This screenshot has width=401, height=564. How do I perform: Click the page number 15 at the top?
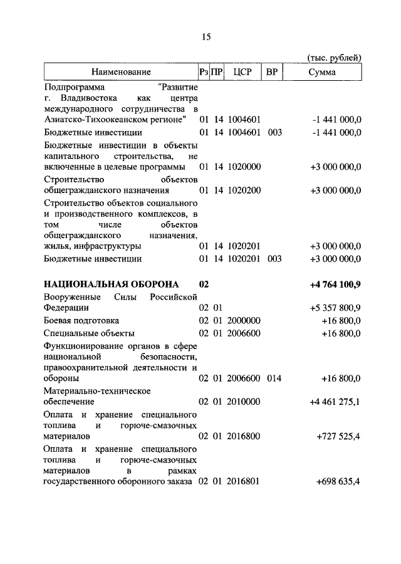click(206, 37)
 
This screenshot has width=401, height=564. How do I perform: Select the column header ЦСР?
click(242, 73)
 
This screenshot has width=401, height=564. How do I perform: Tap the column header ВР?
click(272, 73)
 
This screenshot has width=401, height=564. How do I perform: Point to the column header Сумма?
click(322, 73)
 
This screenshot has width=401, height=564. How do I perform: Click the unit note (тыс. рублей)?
click(335, 58)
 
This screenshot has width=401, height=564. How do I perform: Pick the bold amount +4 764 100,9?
click(335, 285)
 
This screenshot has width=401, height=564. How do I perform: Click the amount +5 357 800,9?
click(336, 308)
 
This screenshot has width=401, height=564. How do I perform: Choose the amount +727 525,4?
click(338, 435)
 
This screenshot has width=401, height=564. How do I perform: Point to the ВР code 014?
click(274, 379)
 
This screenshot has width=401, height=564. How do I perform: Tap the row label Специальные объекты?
click(89, 333)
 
